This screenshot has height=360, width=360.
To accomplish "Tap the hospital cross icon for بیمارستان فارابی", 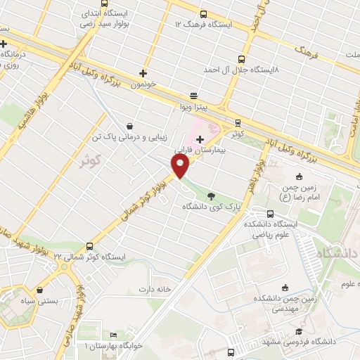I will (x=200, y=141).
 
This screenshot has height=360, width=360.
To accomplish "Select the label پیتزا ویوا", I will (x=192, y=107).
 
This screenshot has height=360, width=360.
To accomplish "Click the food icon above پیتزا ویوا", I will (x=194, y=96).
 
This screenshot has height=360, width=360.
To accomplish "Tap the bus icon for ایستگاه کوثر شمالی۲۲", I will (x=89, y=245).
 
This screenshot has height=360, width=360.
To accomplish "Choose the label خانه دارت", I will (x=155, y=289).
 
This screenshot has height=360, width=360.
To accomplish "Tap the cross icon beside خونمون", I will (x=143, y=72).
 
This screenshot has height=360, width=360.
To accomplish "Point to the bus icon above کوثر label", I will (x=238, y=121).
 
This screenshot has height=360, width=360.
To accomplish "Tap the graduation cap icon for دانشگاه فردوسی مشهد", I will (x=299, y=331).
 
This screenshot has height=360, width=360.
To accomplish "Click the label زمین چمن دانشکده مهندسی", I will (x=285, y=302).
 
